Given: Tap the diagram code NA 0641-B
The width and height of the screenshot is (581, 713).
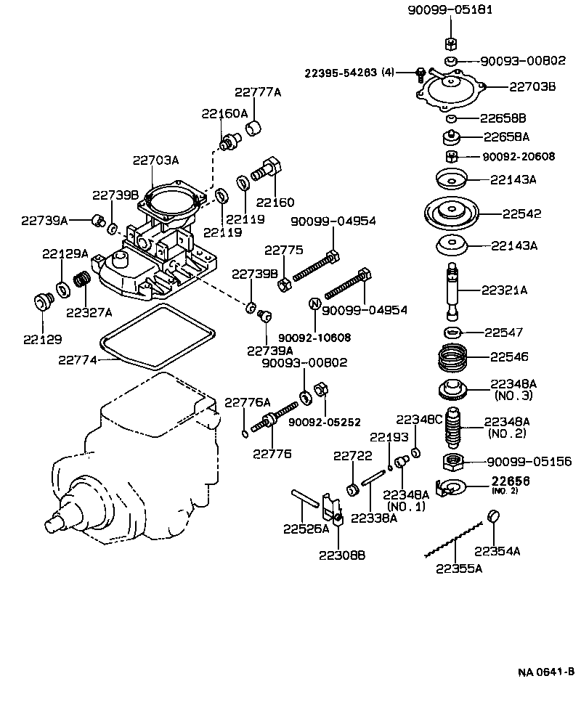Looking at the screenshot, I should [545, 671].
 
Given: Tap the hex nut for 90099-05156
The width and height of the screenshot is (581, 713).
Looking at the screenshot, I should [454, 461].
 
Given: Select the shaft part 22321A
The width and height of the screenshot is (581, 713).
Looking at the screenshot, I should [452, 291].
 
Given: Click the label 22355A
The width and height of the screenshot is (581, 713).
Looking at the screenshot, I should [459, 569].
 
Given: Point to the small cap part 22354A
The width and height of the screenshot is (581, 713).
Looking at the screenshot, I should [492, 517].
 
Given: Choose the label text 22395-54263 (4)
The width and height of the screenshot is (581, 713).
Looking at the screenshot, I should [349, 73].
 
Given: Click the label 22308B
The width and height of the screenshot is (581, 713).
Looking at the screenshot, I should [341, 555].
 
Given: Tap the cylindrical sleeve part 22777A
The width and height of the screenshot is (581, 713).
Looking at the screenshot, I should [253, 129].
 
